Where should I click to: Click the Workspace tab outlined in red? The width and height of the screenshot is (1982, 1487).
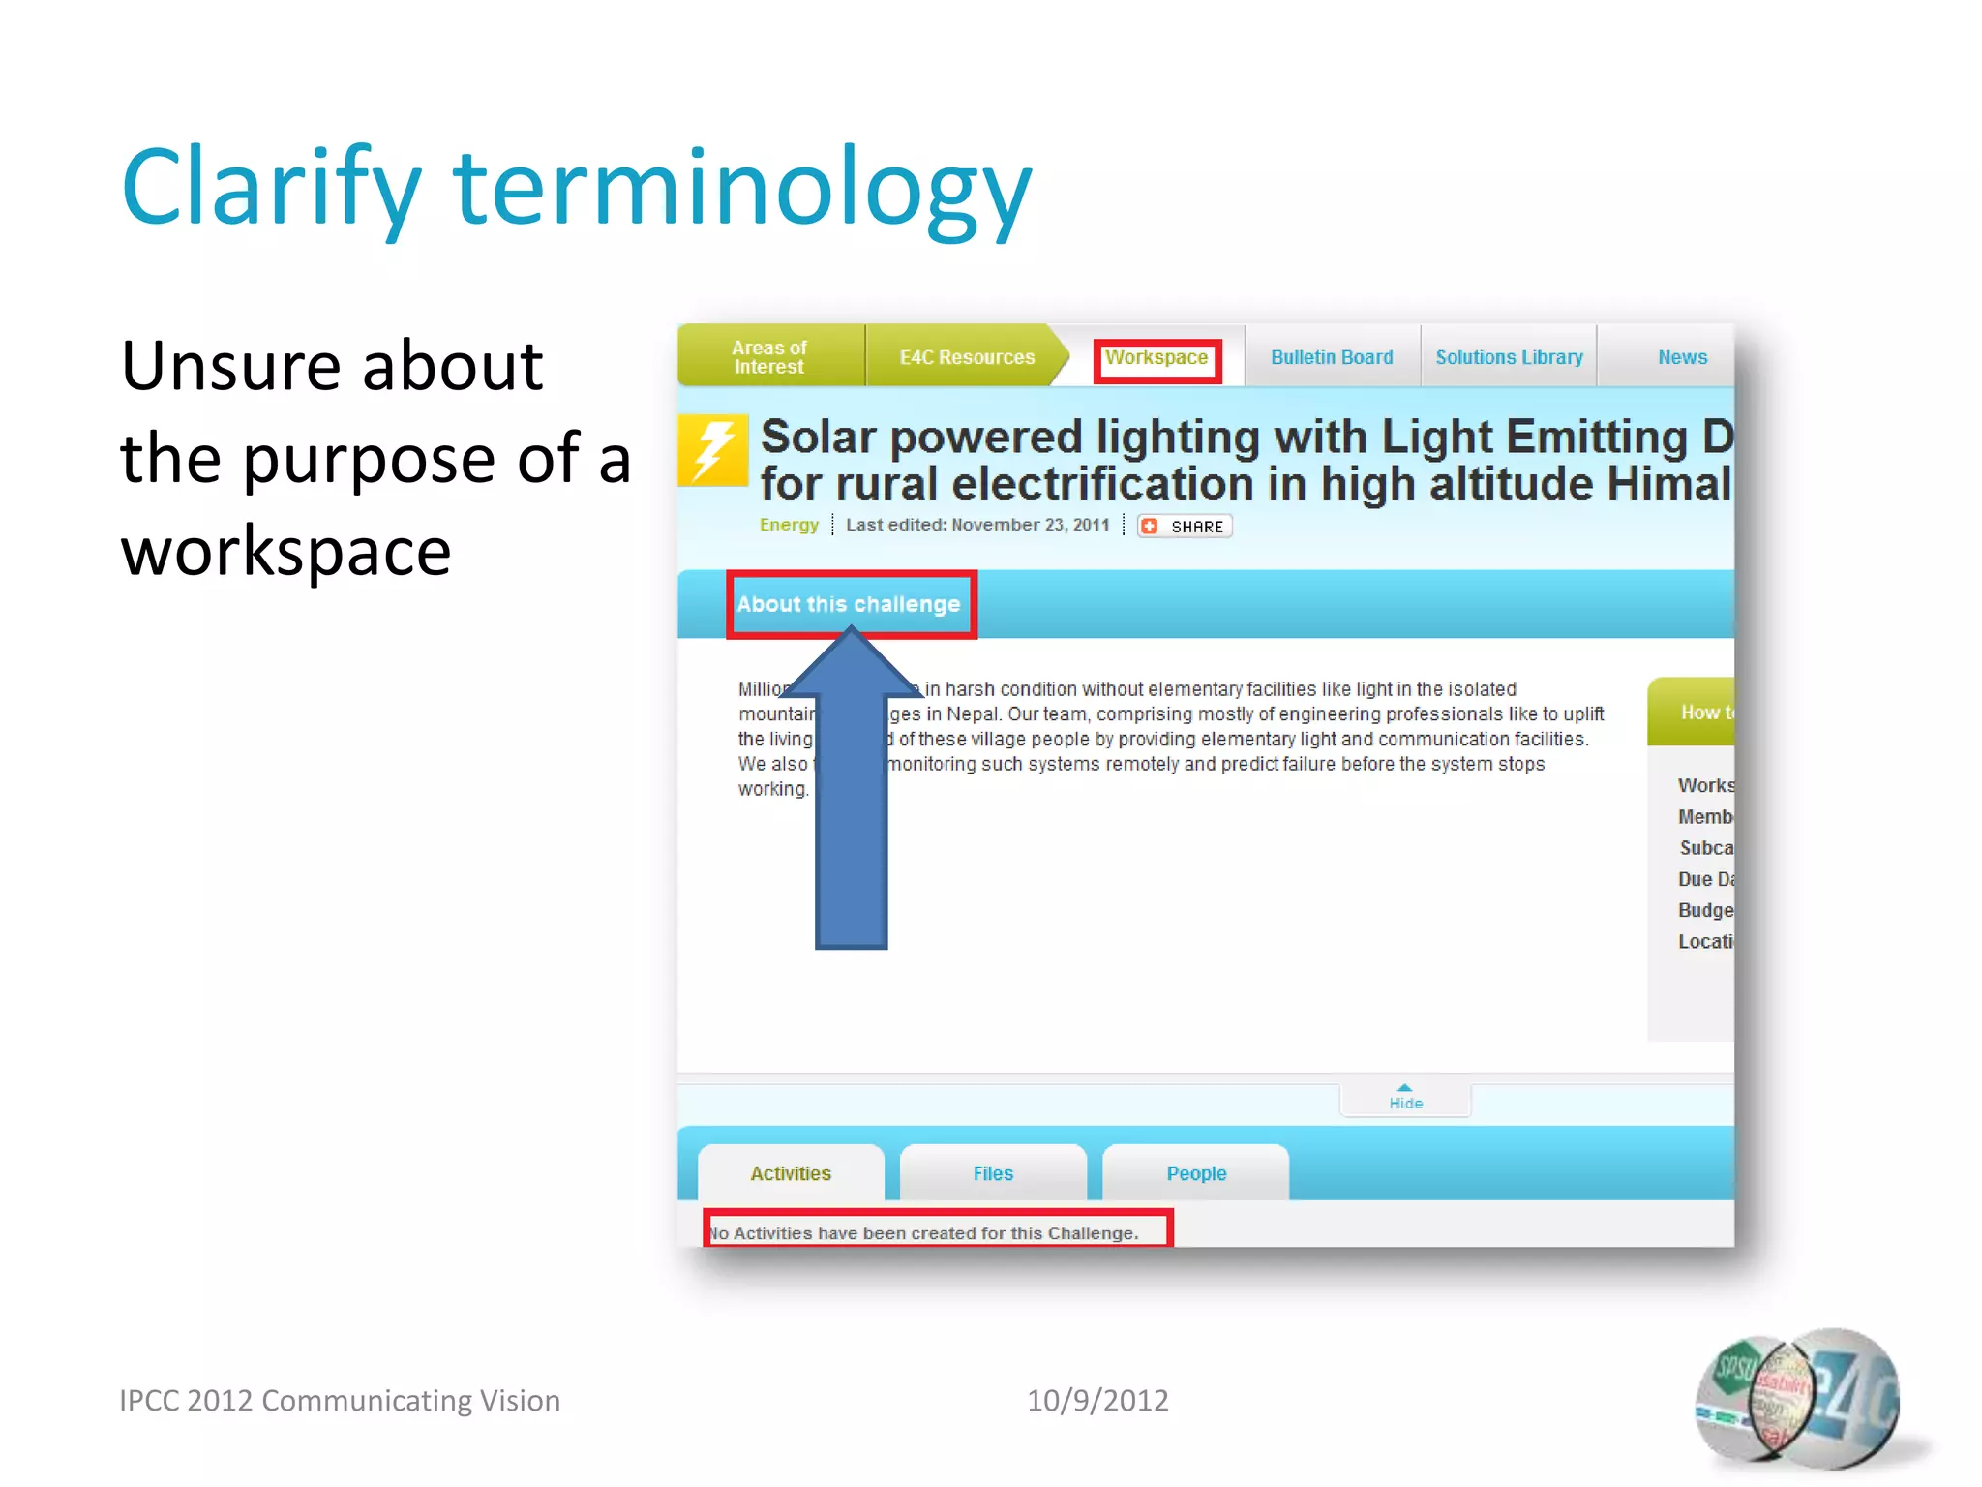[1156, 359]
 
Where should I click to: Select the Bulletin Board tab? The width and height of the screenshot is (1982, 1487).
[1332, 357]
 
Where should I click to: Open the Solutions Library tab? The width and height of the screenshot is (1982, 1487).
[1509, 357]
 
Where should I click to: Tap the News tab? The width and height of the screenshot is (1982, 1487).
[1682, 357]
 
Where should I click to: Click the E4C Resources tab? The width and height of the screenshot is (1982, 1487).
[967, 357]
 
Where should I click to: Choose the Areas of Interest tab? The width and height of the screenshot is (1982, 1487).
[769, 357]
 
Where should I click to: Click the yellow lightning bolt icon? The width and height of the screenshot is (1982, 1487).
[714, 450]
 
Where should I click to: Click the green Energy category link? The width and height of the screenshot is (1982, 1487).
[789, 525]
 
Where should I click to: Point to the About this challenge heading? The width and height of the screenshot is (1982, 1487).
[849, 604]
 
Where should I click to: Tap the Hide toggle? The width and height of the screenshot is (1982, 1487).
[1405, 1098]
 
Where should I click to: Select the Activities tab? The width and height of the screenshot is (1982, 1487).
[791, 1173]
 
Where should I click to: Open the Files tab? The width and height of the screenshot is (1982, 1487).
[993, 1173]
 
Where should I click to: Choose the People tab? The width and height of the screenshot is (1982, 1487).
[1196, 1173]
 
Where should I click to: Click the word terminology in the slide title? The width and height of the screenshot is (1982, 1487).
[742, 189]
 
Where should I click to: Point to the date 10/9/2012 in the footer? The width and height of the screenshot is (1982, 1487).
[1096, 1400]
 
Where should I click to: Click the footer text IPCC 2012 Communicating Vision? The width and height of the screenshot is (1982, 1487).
[339, 1400]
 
